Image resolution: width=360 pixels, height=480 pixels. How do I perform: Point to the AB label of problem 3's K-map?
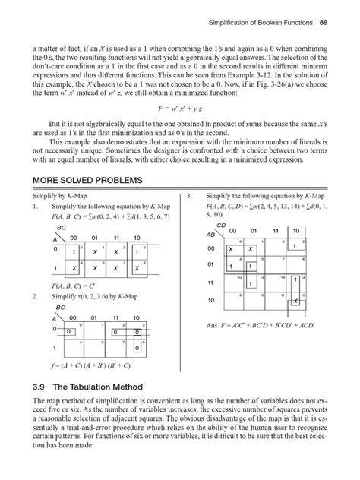pyautogui.click(x=211, y=235)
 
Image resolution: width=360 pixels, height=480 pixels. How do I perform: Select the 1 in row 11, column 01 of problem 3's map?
pyautogui.click(x=253, y=285)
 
